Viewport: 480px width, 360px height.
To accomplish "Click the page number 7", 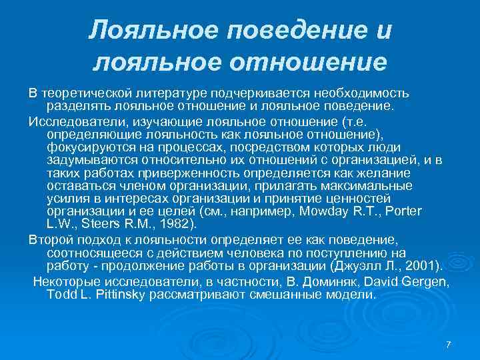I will [448, 344].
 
